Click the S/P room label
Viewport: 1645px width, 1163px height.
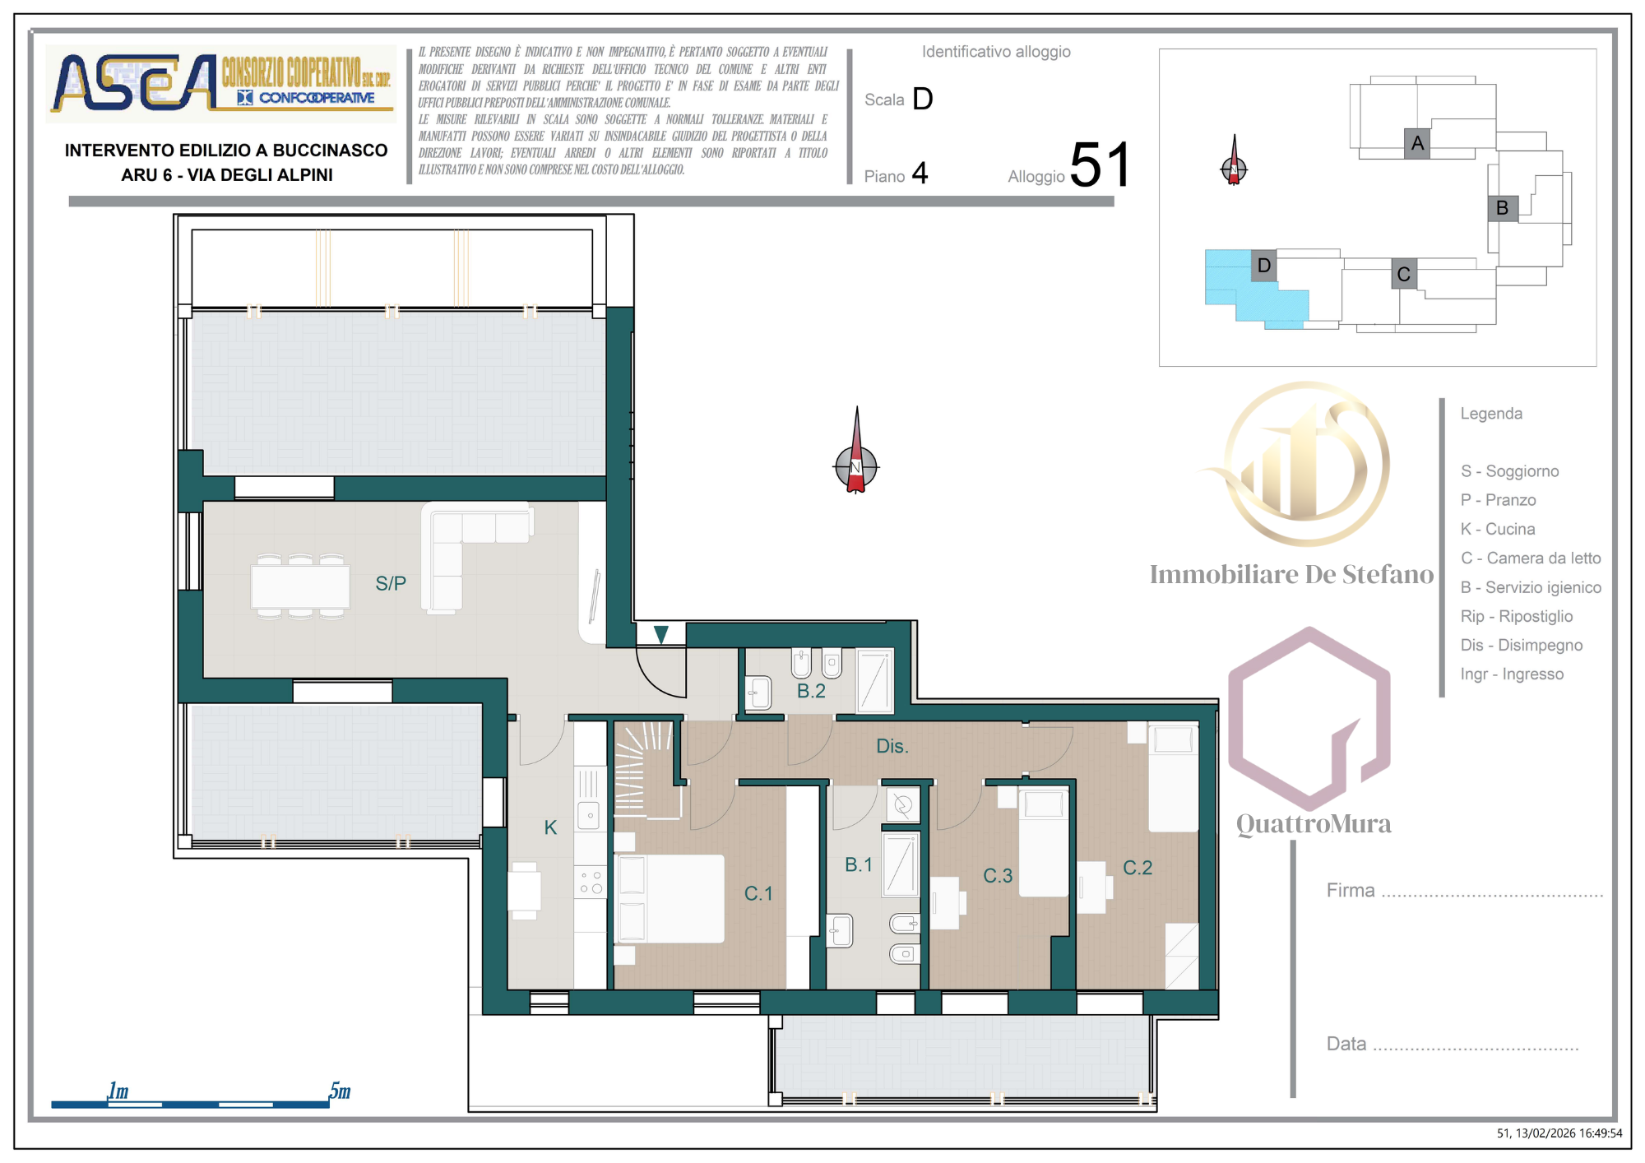click(391, 583)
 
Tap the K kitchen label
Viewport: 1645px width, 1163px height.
click(550, 827)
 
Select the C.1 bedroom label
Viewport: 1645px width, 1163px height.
click(758, 893)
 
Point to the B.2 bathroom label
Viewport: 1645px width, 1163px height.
click(811, 691)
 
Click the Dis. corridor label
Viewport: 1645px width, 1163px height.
click(892, 746)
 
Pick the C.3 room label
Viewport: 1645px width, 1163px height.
click(998, 876)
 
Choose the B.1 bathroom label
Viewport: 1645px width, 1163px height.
click(859, 864)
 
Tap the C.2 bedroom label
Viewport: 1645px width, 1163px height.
click(1138, 868)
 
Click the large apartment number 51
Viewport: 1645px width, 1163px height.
click(1101, 164)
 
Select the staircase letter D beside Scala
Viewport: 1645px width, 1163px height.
click(923, 99)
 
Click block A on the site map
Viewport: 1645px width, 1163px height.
click(1417, 143)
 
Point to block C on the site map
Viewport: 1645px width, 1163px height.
click(1404, 274)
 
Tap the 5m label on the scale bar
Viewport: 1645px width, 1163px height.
click(340, 1091)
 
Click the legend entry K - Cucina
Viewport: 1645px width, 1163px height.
click(1498, 529)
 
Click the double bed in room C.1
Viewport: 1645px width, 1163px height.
click(670, 898)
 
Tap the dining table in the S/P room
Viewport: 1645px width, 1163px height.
click(300, 586)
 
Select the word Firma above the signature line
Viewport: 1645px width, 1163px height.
click(1351, 890)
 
